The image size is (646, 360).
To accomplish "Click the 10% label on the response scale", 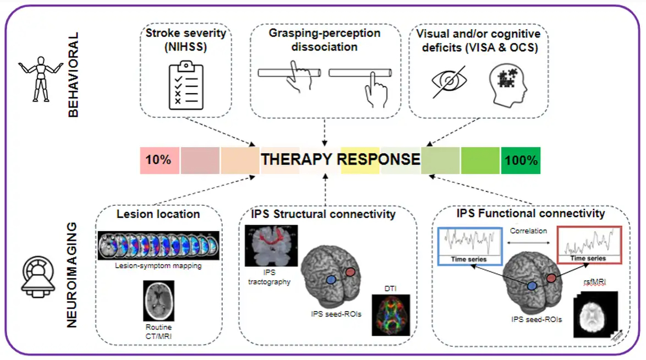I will pyautogui.click(x=158, y=160).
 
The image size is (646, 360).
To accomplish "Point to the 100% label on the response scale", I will pyautogui.click(x=520, y=160).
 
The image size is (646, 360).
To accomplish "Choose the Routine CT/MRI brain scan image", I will pyautogui.click(x=158, y=301).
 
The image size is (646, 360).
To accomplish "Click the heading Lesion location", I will pyautogui.click(x=158, y=214).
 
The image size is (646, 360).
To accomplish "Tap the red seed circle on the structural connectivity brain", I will pyautogui.click(x=350, y=272).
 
